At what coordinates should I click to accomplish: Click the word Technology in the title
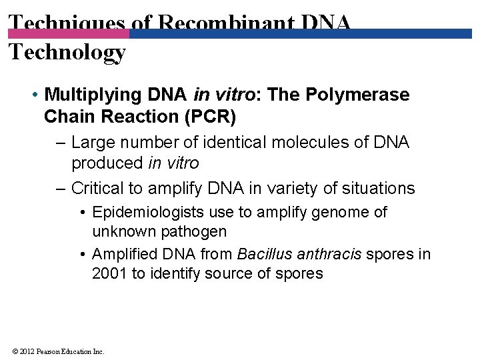[x=67, y=52]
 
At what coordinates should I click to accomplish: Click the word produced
[x=107, y=163]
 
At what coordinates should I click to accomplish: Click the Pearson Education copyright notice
[x=57, y=351]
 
